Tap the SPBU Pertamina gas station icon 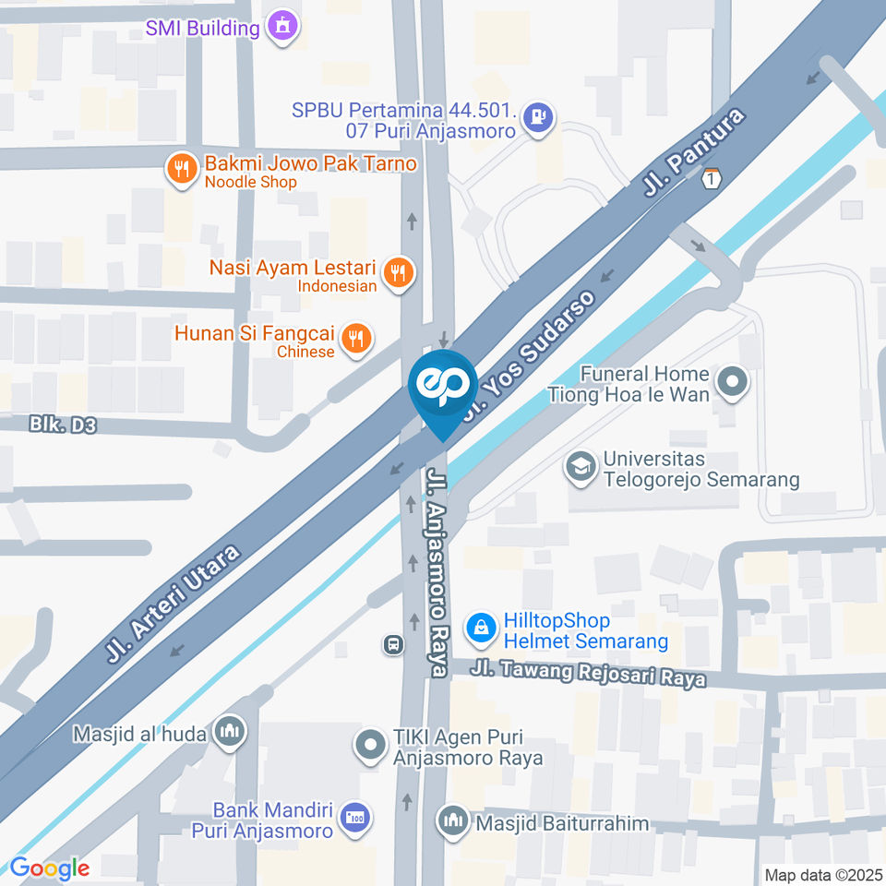(538, 118)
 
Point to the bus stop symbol (393, 644)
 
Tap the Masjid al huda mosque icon (228, 733)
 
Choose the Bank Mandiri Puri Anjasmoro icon (354, 817)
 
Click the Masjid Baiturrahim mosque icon (453, 820)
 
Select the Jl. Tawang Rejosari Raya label (588, 674)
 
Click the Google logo (50, 868)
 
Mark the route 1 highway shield (710, 179)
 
